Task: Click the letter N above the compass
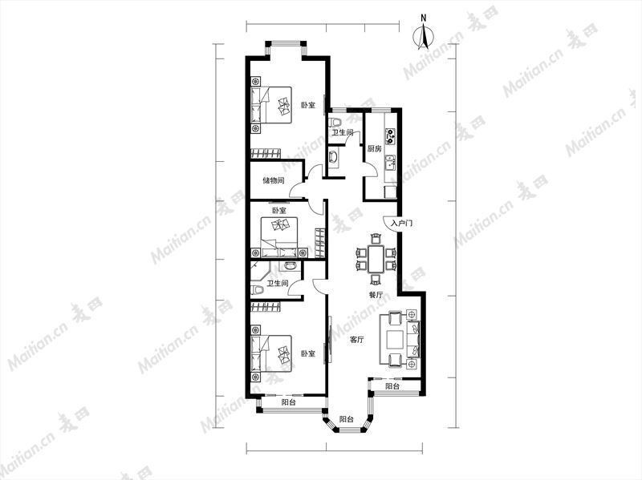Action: click(424, 18)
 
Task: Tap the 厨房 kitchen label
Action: click(374, 149)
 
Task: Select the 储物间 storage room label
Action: click(274, 180)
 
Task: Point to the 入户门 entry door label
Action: click(402, 224)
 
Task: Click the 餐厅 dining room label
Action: click(376, 295)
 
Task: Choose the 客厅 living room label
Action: click(357, 339)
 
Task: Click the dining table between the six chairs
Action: click(376, 259)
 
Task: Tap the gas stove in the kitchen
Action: click(391, 136)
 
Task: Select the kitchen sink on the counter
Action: click(391, 163)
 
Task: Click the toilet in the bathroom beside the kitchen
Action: click(335, 123)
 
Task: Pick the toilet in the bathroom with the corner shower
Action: click(257, 290)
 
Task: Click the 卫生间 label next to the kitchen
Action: click(343, 133)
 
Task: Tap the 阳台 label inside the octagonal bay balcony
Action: click(347, 419)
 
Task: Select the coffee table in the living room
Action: click(395, 338)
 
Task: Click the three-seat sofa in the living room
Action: click(413, 338)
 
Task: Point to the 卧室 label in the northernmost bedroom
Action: click(308, 106)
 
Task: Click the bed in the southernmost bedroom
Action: click(271, 353)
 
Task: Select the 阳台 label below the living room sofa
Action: click(393, 386)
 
